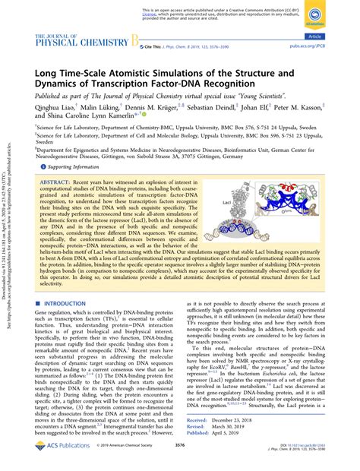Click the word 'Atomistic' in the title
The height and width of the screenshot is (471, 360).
[x=145, y=73]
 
